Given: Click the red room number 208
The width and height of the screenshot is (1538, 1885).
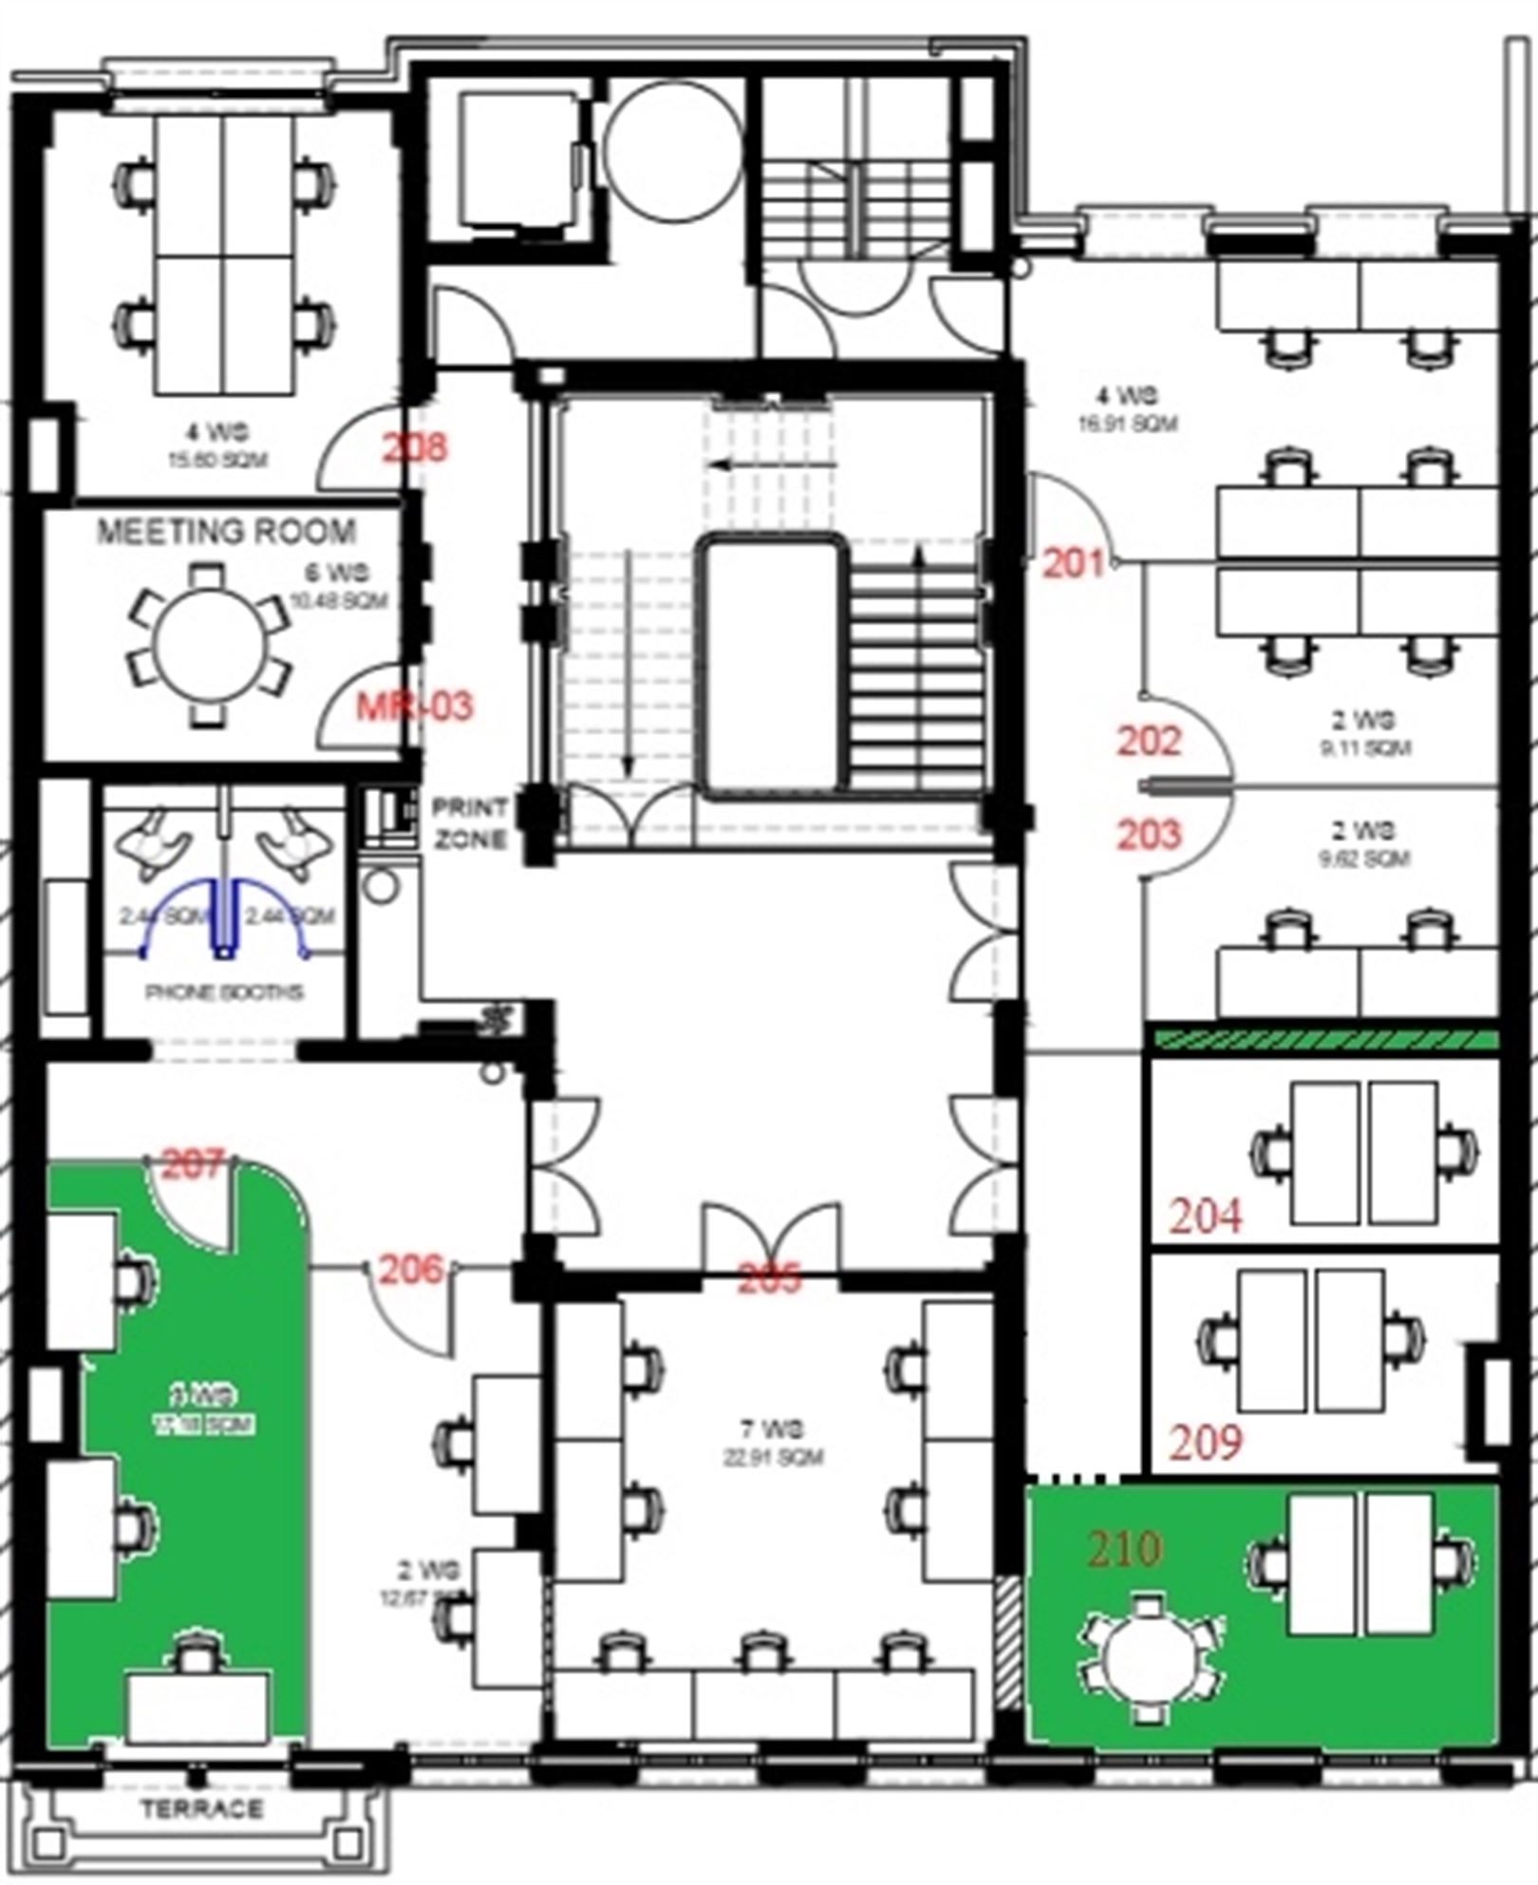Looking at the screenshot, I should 415,447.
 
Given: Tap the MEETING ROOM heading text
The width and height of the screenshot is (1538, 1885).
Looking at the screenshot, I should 226,532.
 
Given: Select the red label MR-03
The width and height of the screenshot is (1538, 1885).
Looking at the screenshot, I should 414,707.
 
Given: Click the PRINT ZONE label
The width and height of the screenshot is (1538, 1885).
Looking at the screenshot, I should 471,823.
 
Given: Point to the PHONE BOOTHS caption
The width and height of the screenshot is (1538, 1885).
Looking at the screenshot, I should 224,992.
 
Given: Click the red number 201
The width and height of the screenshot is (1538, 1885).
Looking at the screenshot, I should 1074,564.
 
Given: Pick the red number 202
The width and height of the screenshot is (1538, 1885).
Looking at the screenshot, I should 1149,742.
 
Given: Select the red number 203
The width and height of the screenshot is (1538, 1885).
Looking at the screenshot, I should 1149,836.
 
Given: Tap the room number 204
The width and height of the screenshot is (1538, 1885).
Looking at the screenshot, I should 1206,1216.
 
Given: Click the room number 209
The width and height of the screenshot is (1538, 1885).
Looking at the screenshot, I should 1206,1443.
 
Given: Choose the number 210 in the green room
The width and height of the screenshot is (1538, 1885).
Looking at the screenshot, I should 1125,1549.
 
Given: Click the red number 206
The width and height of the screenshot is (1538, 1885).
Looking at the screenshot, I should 411,1269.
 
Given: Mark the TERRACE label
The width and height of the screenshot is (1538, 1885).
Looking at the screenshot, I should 202,1809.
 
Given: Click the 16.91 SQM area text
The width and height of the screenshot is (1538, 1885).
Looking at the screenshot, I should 1127,423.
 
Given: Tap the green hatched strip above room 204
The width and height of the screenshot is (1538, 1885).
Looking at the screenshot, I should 1324,1040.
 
